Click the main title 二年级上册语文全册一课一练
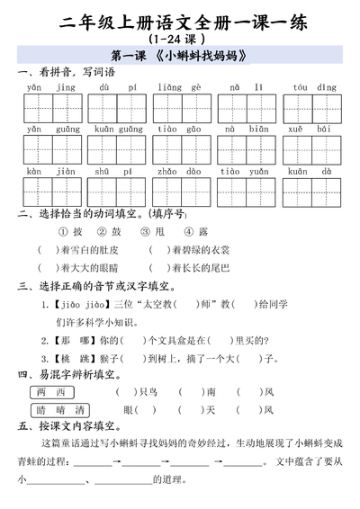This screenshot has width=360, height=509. (x=180, y=20)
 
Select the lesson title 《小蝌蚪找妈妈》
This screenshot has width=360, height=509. (x=180, y=57)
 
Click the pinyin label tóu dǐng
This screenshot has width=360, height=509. (x=314, y=87)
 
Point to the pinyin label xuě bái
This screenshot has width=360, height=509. (x=314, y=129)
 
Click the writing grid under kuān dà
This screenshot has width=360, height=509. (x=314, y=191)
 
